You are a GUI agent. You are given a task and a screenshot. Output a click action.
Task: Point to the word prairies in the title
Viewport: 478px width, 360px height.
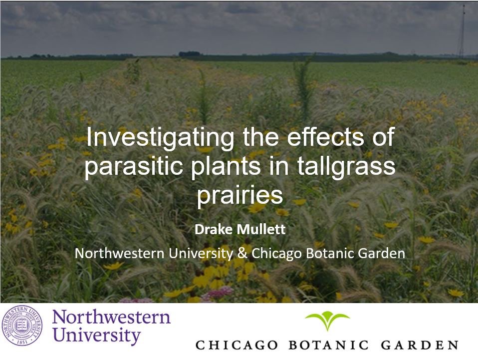(x=239, y=195)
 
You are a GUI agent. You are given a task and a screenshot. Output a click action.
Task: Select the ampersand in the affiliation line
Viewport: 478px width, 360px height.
(x=242, y=253)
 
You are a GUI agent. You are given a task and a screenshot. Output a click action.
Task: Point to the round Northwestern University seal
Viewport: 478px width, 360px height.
(x=22, y=327)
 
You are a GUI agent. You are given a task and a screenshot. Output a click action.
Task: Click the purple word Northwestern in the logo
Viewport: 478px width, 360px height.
(x=111, y=317)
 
